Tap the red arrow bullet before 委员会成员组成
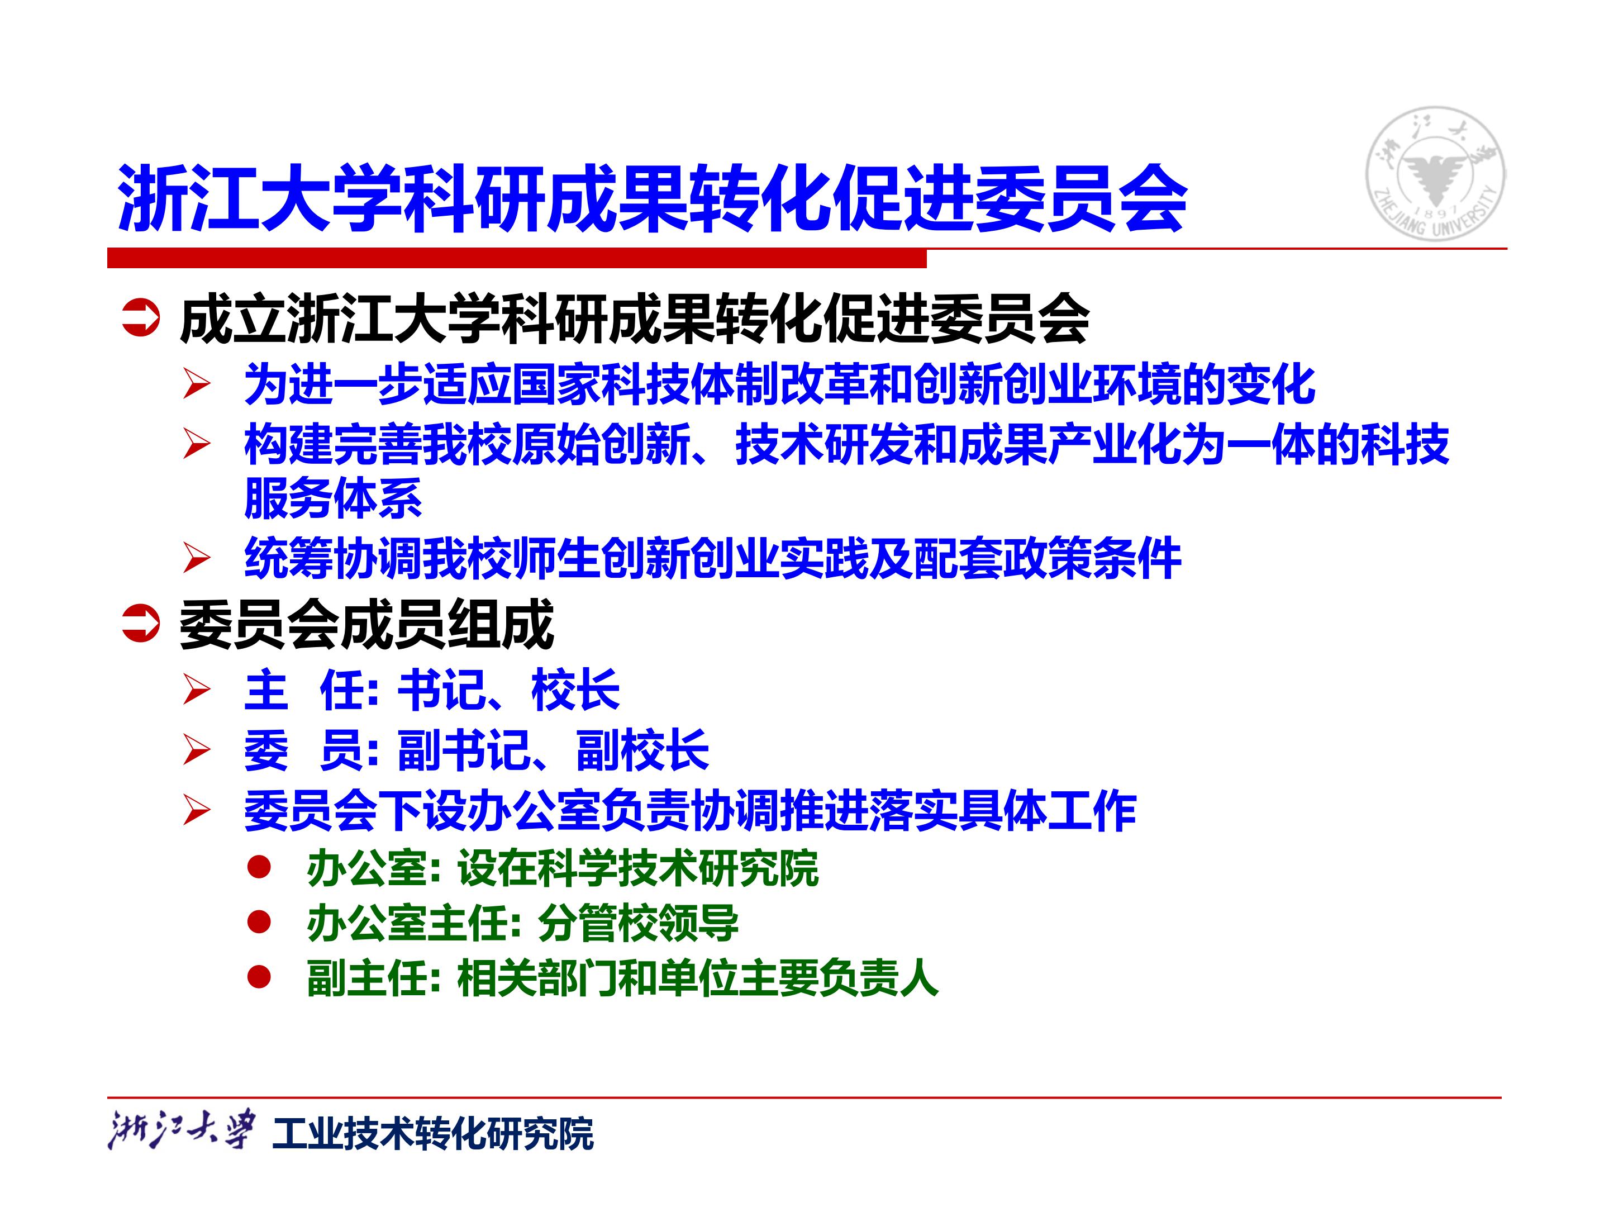[x=140, y=624]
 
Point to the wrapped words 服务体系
[x=333, y=498]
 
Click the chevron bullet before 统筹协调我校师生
[x=197, y=558]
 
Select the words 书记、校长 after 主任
[x=508, y=690]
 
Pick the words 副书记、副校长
[x=553, y=750]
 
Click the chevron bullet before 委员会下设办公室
[x=197, y=810]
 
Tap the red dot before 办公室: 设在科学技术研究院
[x=259, y=867]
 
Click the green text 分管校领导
[x=638, y=923]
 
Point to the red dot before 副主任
[x=259, y=978]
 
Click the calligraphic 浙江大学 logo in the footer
[x=182, y=1130]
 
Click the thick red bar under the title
[x=516, y=258]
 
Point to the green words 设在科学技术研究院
[x=638, y=868]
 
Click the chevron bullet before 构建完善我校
[x=197, y=444]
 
